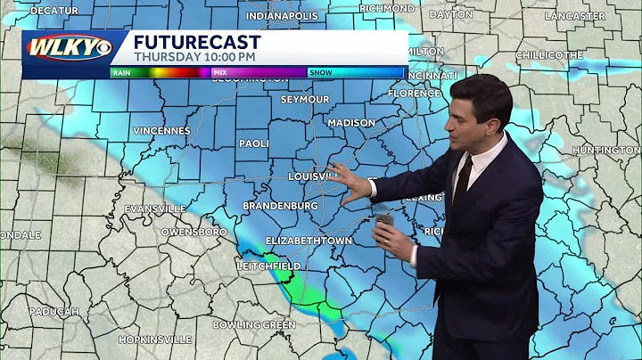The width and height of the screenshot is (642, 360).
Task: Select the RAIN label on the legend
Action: [x=123, y=72]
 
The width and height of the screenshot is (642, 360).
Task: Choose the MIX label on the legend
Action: [x=219, y=72]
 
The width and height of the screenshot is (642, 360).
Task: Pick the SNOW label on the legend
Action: [x=320, y=72]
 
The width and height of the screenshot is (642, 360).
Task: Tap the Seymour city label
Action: [x=305, y=99]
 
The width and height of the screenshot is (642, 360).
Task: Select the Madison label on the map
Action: [x=350, y=123]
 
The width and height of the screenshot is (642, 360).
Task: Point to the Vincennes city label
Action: [x=161, y=130]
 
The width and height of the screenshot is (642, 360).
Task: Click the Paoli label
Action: [x=254, y=143]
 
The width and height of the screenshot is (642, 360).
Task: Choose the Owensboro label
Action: [x=193, y=232]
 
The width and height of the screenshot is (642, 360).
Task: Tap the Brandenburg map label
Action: [x=279, y=206]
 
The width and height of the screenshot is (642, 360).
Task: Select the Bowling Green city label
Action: [x=253, y=325]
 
